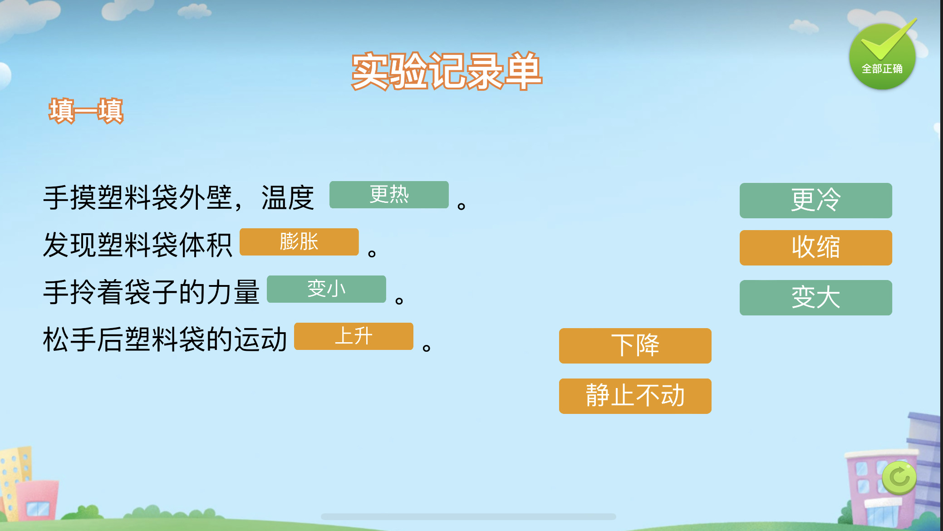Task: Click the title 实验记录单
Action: (447, 71)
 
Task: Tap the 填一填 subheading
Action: (86, 111)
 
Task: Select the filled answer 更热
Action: (389, 195)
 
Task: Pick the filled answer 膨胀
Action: (299, 242)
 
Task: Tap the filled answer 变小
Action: (326, 289)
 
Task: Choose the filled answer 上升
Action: (354, 336)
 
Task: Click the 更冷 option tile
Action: (815, 201)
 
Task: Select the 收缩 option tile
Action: (815, 248)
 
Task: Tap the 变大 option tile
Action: (815, 298)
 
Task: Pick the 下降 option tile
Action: (635, 346)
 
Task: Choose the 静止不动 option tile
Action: (635, 396)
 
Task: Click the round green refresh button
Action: (899, 477)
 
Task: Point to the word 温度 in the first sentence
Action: (288, 198)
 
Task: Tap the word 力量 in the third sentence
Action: (233, 292)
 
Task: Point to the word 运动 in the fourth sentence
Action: (260, 339)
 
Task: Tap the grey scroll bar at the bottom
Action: (468, 516)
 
